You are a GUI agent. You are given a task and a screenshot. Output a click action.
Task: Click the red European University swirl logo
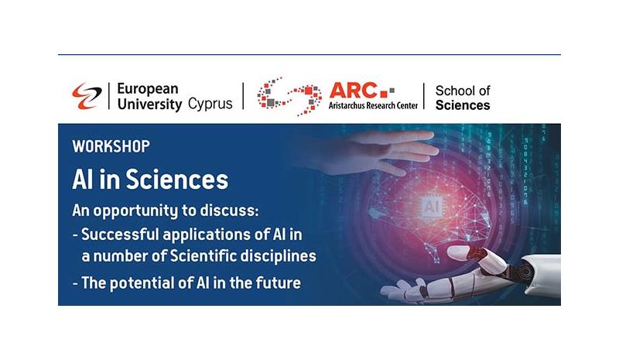coord(87,96)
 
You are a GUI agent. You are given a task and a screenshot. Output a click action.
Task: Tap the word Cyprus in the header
coord(210,104)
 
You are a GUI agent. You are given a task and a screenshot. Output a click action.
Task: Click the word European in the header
coord(148,89)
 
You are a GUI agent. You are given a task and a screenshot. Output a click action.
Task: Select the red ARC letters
coord(353,91)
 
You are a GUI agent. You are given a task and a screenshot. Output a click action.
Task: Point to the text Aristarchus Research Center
coord(373,105)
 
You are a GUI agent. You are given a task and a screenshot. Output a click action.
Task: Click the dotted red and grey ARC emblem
coord(289,97)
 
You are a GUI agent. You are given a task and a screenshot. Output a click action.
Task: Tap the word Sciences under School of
coord(463,105)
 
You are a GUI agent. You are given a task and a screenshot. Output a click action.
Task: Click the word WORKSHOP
coord(111,146)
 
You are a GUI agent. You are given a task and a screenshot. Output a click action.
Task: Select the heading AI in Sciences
coord(150,180)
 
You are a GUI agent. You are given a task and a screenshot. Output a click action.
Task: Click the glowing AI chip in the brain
coord(431,207)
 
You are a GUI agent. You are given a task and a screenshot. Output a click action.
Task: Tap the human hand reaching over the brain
coord(379,153)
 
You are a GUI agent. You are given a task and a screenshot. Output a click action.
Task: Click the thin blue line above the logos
coord(309,54)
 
